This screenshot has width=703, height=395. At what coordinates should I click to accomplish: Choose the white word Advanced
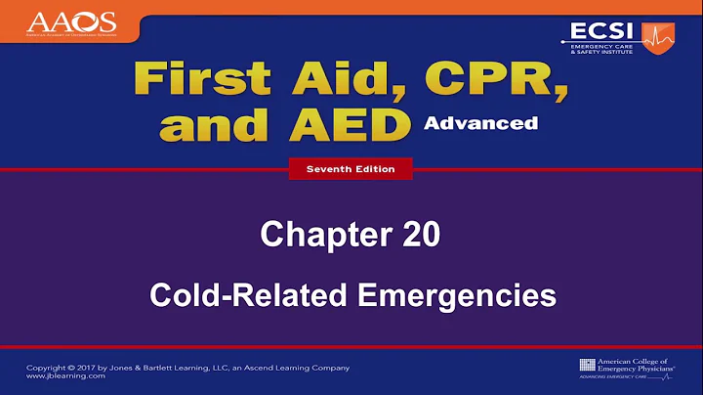pyautogui.click(x=480, y=123)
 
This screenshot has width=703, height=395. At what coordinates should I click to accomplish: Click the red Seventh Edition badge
pyautogui.click(x=351, y=169)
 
